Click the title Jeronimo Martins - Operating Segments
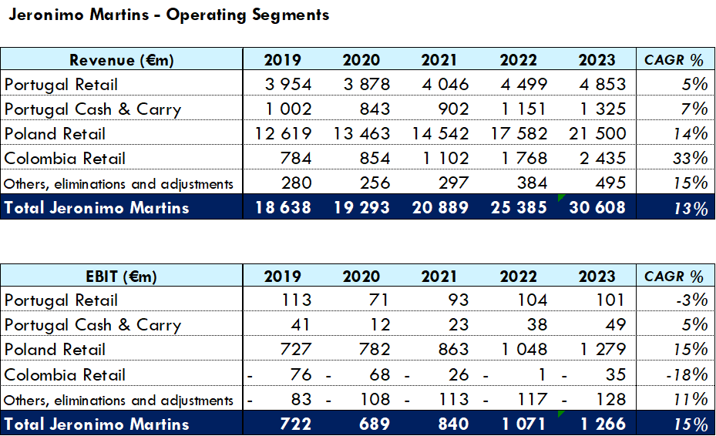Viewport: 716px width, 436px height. (169, 15)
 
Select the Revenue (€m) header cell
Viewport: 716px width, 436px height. (122, 60)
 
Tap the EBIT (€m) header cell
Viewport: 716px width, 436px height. (122, 277)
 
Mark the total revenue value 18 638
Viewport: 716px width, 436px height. (282, 206)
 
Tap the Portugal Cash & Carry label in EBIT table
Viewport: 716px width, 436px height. (92, 325)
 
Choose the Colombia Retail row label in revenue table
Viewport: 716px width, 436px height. (65, 158)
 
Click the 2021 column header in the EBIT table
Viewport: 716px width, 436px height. (439, 277)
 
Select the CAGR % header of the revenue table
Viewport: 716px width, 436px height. (674, 60)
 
